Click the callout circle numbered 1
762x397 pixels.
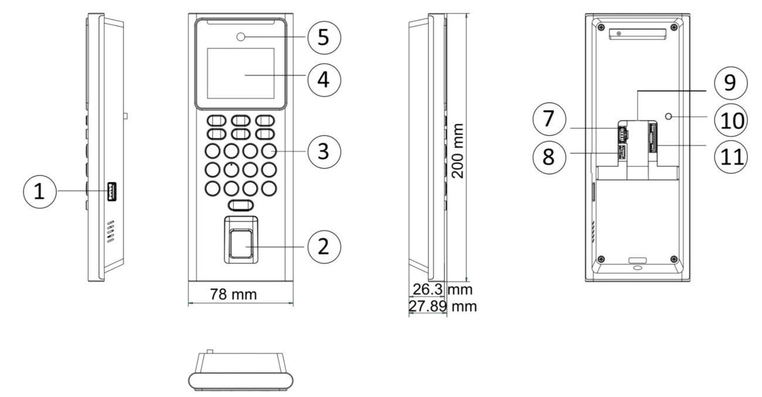tap(40, 191)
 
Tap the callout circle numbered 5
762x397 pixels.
tap(324, 37)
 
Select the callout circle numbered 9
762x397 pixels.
tap(731, 83)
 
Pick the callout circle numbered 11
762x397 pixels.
tap(731, 157)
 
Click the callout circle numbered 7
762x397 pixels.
tap(549, 119)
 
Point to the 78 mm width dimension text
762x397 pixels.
tap(233, 295)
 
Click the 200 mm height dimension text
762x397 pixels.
tap(458, 151)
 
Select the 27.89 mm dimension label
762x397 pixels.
tap(443, 306)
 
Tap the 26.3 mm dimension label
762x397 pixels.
tap(443, 290)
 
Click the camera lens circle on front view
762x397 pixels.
tap(241, 37)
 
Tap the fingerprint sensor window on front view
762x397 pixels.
tap(241, 244)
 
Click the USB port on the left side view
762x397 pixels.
tap(112, 191)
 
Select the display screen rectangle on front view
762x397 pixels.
tap(241, 73)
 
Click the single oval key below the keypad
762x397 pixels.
tap(241, 206)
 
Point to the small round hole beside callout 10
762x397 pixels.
tap(668, 117)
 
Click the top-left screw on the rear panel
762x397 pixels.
tap(601, 27)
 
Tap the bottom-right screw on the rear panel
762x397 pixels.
tap(673, 259)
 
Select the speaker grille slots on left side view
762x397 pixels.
tap(111, 231)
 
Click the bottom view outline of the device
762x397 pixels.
tap(241, 372)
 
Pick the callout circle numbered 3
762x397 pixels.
tap(324, 152)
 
